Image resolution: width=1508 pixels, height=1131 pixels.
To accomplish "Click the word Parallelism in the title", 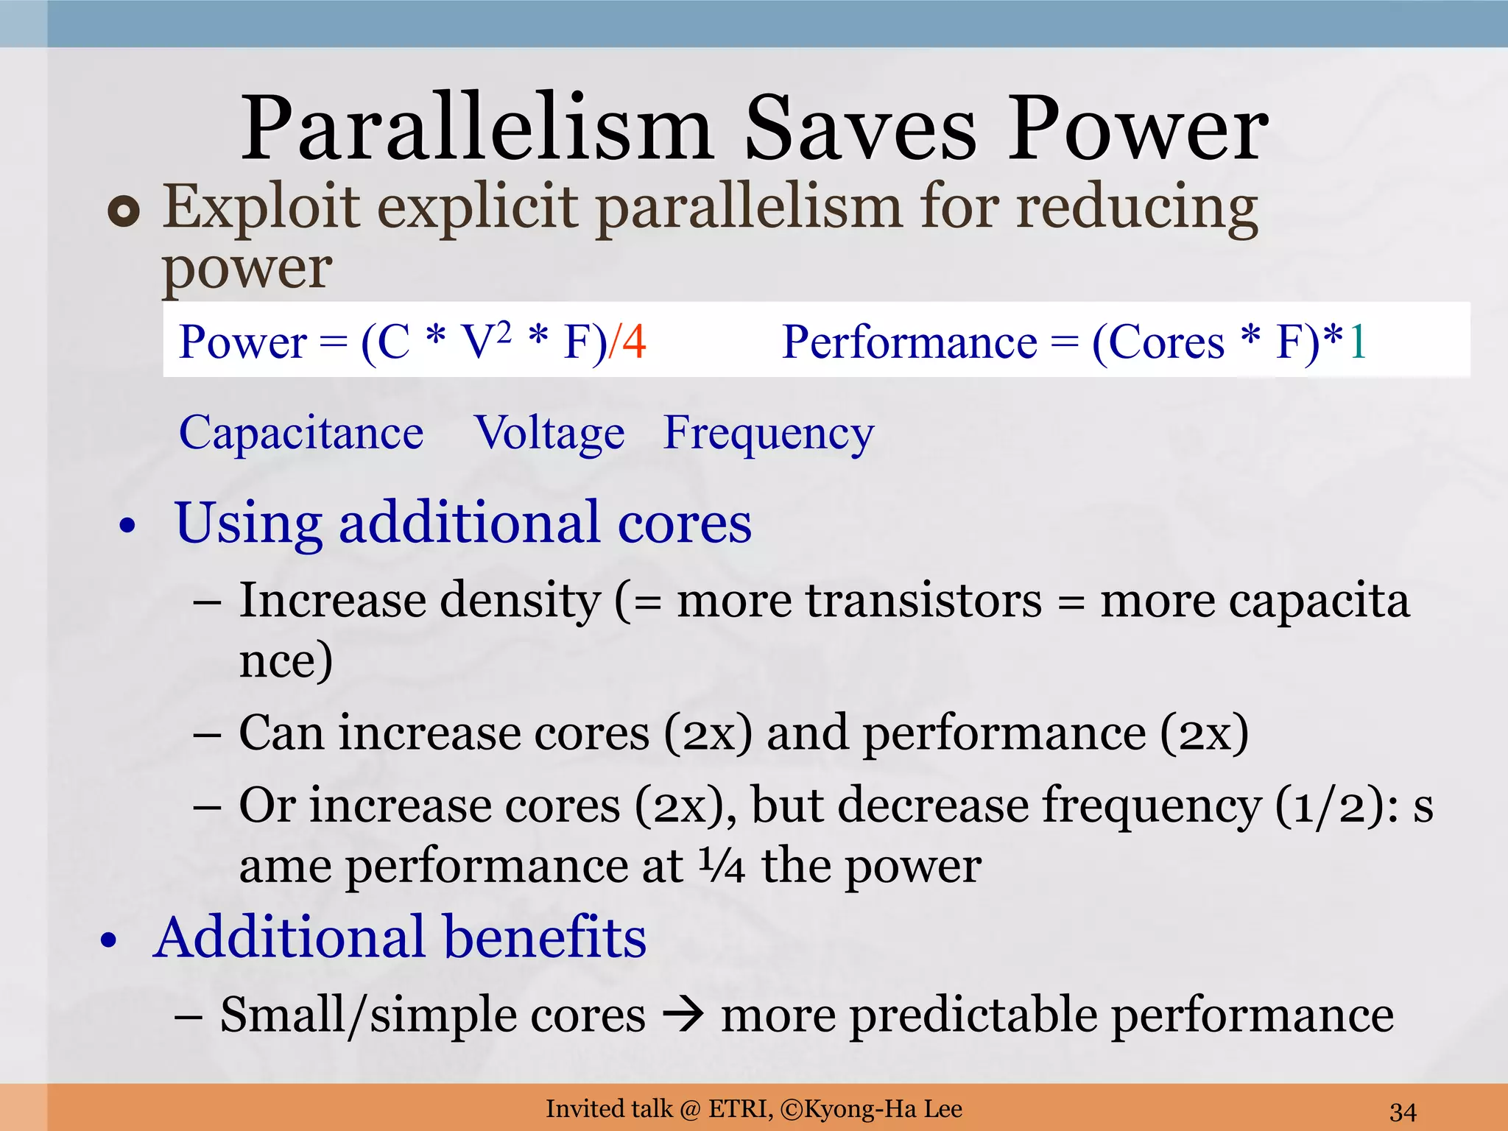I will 477,129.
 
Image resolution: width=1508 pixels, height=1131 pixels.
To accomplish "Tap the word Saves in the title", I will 860,129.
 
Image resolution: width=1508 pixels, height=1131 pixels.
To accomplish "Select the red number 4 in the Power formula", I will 633,342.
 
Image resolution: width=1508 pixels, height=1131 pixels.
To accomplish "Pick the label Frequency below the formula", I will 768,434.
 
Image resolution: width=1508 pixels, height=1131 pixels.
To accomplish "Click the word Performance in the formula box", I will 909,342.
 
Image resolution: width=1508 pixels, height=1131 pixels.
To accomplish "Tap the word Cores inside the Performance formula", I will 1166,342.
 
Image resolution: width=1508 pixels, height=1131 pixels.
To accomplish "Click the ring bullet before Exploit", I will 124,212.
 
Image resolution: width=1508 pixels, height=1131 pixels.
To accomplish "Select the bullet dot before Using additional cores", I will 128,526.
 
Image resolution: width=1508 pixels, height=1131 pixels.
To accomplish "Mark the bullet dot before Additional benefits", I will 109,940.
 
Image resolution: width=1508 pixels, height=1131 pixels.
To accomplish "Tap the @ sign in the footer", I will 690,1109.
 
